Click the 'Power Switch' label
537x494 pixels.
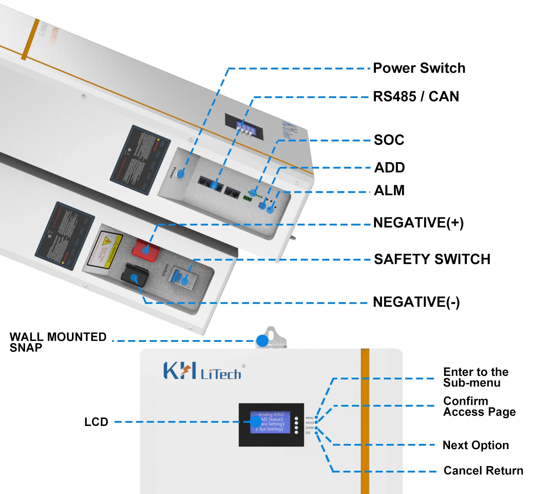click(419, 68)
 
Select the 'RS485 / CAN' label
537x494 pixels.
click(416, 96)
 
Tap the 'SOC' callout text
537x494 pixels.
click(389, 140)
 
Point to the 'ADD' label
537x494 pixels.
click(389, 167)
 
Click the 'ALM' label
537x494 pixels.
click(389, 190)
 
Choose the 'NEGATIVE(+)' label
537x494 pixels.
click(418, 223)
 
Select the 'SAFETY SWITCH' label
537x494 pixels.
click(432, 259)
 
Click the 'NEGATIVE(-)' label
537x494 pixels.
click(416, 302)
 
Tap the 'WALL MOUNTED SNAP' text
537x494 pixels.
click(58, 342)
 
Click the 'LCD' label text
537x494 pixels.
click(96, 422)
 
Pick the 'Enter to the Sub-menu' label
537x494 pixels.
click(475, 377)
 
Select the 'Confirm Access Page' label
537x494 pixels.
click(479, 406)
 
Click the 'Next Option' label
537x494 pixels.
click(475, 445)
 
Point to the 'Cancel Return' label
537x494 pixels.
click(483, 470)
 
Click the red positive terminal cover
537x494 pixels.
click(145, 250)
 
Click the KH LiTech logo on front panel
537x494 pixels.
click(202, 371)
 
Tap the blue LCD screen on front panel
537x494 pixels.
click(270, 422)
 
